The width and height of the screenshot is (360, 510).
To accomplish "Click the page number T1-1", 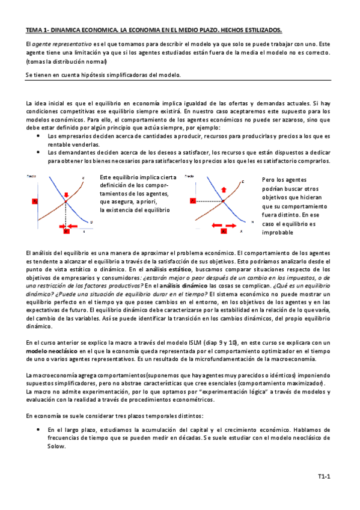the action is [325, 477].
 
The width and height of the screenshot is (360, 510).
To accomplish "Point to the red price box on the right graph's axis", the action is [193, 201].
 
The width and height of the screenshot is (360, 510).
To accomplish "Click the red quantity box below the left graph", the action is [66, 230].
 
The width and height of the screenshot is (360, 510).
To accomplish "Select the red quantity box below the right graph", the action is [224, 230].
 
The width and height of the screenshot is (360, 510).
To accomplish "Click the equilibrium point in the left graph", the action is [66, 201].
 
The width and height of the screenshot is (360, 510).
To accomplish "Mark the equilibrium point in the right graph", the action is [224, 201].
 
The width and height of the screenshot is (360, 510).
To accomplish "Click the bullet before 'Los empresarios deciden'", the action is [39, 137].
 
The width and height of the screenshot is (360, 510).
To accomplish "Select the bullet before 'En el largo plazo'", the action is [39, 430].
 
